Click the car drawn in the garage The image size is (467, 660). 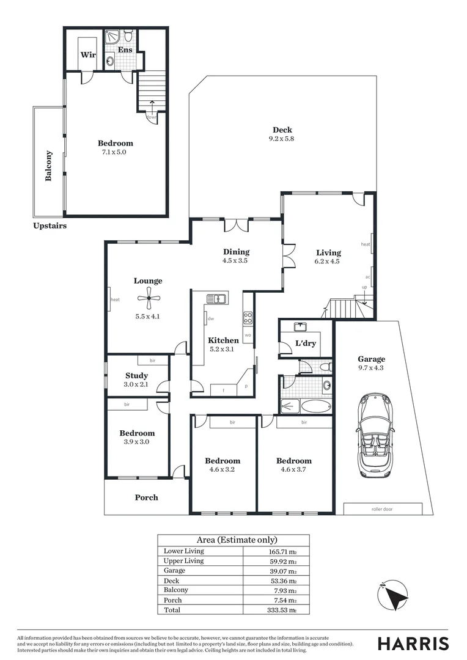[x=375, y=435]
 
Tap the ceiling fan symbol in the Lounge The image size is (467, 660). [x=149, y=299]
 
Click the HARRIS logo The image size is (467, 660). [x=413, y=643]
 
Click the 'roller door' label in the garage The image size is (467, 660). [x=382, y=508]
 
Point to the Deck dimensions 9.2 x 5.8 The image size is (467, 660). [x=282, y=139]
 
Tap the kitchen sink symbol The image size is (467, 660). [x=217, y=299]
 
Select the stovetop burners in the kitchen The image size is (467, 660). [x=248, y=317]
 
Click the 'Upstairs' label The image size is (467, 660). [x=50, y=226]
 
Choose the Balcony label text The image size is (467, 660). [x=49, y=166]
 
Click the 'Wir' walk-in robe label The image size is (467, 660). [x=88, y=54]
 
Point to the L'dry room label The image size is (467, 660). [x=306, y=343]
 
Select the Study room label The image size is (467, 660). [x=137, y=376]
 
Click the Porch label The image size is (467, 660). [x=146, y=497]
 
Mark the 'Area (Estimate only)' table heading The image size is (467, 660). [x=237, y=540]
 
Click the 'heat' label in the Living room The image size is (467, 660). [x=366, y=244]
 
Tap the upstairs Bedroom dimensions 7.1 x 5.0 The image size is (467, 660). [x=115, y=152]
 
